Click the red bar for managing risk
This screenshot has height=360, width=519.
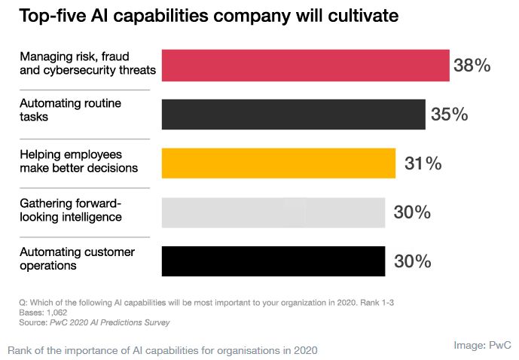pos(305,65)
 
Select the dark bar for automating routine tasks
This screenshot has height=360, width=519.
pos(293,114)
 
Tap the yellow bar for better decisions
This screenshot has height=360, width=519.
pos(278,163)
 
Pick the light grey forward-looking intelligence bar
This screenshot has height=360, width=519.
pos(273,212)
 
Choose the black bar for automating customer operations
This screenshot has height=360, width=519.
pos(273,261)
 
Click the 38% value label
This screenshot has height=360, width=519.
pos(472,66)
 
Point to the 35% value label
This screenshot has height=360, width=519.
pos(450,114)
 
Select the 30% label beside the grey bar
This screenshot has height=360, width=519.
pos(412,212)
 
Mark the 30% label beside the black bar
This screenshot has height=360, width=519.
pos(412,261)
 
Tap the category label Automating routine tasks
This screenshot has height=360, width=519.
pos(70,109)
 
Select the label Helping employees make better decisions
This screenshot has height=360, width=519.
pos(80,160)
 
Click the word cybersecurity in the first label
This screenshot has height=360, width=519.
pos(79,71)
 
